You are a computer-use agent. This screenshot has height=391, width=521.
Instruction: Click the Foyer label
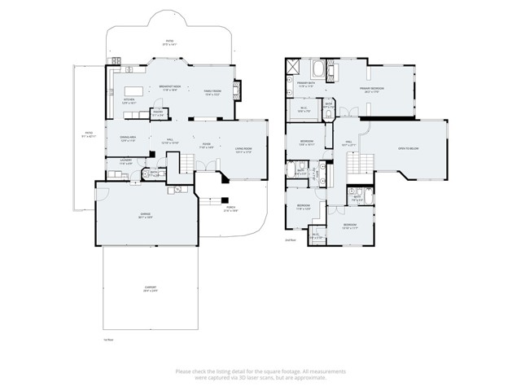pyautogui.click(x=207, y=146)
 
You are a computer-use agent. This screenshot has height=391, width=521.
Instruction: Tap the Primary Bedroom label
pyautogui.click(x=374, y=90)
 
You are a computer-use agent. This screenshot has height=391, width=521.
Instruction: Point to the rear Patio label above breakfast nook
pyautogui.click(x=170, y=42)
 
